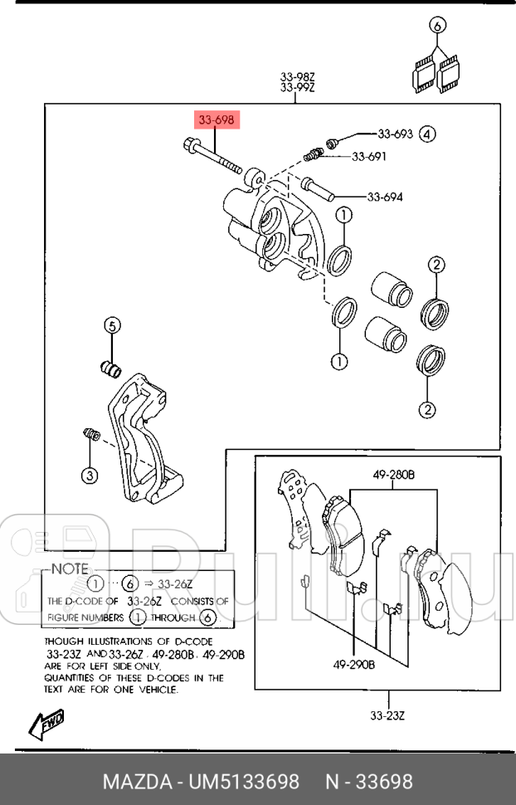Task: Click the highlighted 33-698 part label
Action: coord(217,120)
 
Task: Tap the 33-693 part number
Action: coord(395,134)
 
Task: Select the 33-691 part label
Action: coord(368,157)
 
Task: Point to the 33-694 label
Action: coord(385,197)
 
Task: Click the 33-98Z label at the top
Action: coord(297,77)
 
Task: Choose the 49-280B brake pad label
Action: coord(394,475)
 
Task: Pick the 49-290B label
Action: coord(353,665)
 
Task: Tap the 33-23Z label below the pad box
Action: coord(387,715)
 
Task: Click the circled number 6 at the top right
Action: coord(437,25)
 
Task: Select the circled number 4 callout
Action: coord(427,134)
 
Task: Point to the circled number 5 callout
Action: coord(113,325)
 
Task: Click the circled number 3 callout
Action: coord(90,475)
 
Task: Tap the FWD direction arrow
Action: coord(46,724)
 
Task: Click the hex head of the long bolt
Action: coord(189,144)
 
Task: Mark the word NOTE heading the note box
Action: coord(70,568)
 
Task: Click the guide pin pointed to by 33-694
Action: coord(317,189)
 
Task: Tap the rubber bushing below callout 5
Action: coord(110,368)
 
